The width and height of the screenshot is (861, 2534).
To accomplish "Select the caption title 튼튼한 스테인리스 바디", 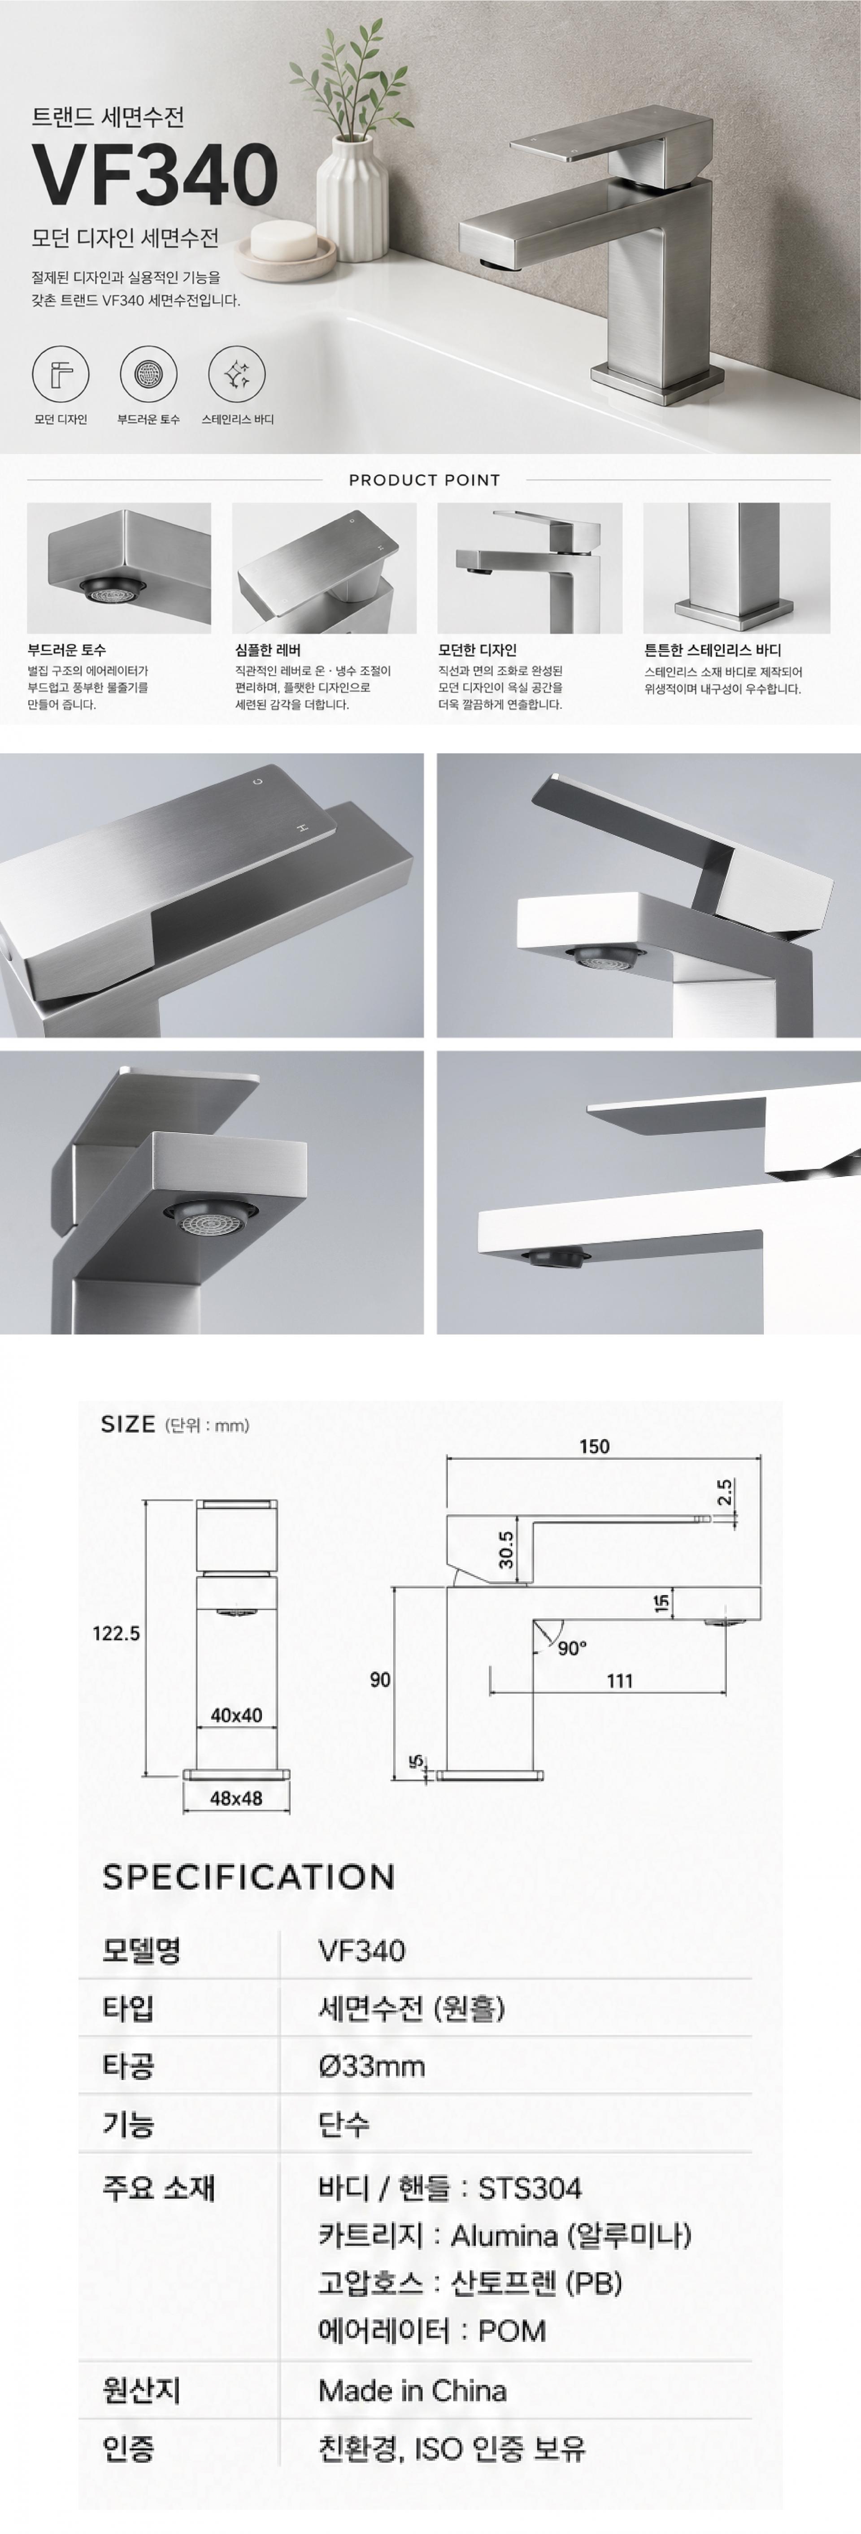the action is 713,650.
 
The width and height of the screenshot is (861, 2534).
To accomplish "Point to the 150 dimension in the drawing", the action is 594,1446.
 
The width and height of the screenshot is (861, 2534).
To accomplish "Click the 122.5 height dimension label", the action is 116,1633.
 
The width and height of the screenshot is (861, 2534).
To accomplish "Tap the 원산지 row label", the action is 142,2391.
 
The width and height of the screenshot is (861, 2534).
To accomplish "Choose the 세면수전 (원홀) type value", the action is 411,2008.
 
